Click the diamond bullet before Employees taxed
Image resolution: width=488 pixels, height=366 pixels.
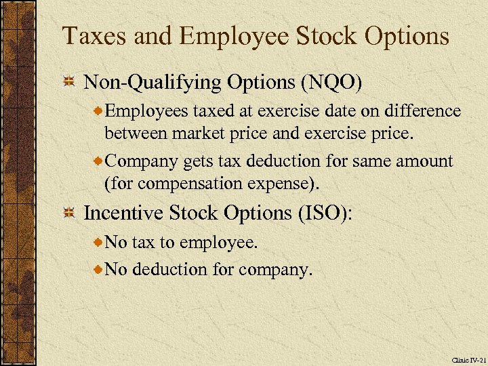99,111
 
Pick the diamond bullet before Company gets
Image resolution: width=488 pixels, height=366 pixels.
99,162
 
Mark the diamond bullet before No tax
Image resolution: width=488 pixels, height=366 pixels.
99,241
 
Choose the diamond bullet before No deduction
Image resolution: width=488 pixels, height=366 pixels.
99,270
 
